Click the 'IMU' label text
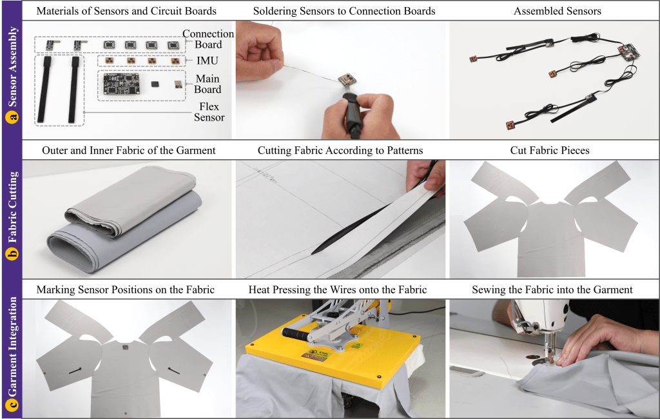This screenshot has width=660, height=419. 208,61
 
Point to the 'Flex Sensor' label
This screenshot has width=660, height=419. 209,112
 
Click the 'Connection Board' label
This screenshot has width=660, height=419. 208,39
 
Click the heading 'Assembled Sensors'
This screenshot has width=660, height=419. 558,11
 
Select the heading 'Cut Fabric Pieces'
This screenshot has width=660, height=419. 550,150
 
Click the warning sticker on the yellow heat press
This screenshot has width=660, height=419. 316,355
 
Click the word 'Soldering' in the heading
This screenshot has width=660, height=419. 275,11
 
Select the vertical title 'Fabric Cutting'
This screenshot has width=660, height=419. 13,207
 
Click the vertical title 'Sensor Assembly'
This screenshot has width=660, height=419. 13,66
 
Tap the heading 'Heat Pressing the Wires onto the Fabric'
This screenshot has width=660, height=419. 338,289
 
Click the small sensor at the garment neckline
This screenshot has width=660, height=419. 125,347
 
